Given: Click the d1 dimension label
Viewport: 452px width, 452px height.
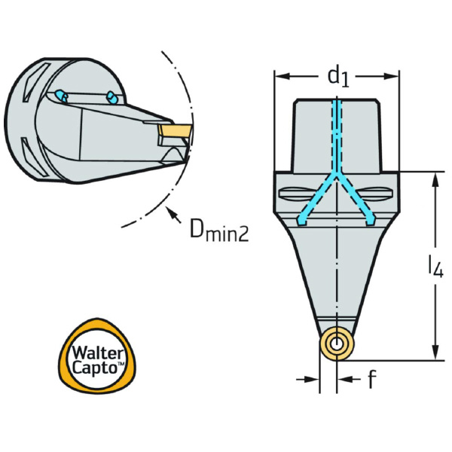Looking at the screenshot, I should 337,75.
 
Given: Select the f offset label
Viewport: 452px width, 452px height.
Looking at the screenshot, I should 371,380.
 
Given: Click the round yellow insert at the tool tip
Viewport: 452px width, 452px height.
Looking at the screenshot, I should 335,347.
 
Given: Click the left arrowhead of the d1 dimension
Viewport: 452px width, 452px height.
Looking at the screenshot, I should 279,75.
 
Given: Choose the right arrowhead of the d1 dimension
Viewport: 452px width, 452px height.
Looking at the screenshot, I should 392,75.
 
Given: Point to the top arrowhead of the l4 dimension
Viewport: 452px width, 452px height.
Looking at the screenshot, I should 435,178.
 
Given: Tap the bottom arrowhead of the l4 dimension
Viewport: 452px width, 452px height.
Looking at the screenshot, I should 435,354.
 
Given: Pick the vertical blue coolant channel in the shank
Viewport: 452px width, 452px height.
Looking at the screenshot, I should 336,136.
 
